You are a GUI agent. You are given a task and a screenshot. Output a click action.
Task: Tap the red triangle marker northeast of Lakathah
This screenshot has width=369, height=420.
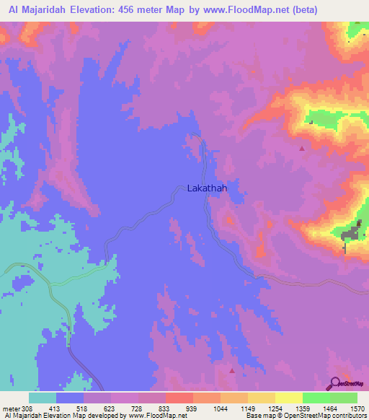pos(301,148)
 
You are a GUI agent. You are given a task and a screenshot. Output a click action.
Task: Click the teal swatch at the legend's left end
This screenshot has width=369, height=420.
pos(43,398)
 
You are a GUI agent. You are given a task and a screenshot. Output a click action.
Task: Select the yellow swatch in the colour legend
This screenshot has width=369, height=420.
pos(289,398)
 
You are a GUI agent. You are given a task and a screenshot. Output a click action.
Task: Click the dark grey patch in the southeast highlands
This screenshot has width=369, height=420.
pos(351,234)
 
